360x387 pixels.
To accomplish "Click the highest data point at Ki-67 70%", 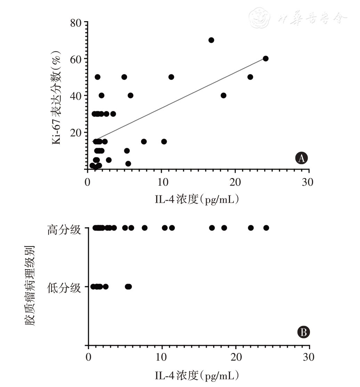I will [211, 40].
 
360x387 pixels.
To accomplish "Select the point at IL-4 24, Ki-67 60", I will [265, 58].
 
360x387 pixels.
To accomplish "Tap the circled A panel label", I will [301, 158].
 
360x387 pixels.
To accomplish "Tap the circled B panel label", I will [303, 333].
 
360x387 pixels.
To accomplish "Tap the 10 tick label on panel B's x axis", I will [162, 357].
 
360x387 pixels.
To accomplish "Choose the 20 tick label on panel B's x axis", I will [236, 357].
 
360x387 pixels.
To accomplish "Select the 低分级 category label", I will [64, 288].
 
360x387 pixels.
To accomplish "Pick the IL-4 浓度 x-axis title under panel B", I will [197, 375].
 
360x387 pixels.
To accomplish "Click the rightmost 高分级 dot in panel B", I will [266, 228].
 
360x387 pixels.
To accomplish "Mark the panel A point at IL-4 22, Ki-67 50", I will [250, 77].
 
